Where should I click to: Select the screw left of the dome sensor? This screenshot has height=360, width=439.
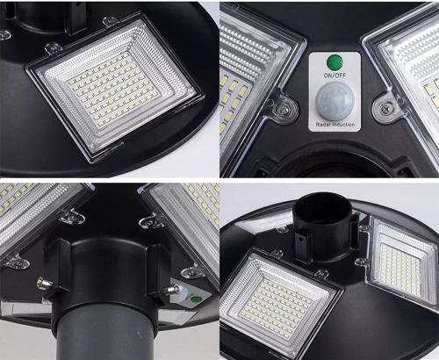coord(284,107)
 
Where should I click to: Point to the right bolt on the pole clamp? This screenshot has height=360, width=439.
coord(172,289)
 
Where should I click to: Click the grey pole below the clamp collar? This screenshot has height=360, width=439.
coord(105,338)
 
